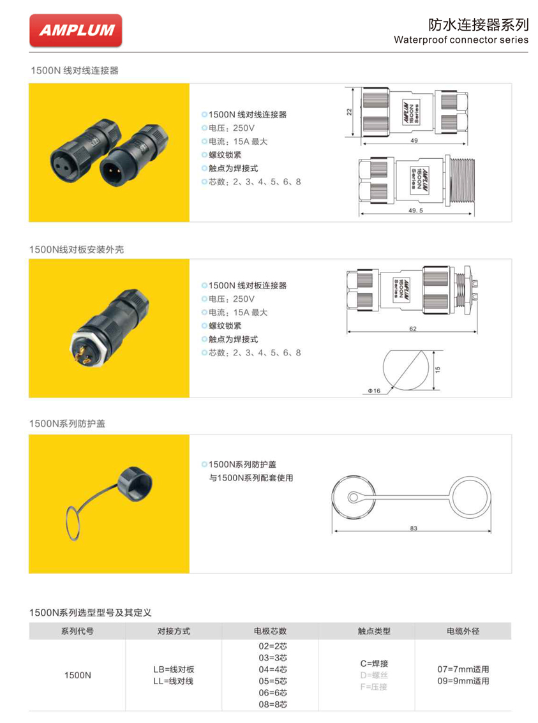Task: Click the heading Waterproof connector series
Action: pyautogui.click(x=461, y=40)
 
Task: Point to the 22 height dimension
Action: pyautogui.click(x=350, y=112)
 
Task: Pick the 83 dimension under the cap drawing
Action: pyautogui.click(x=414, y=528)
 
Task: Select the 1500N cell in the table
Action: pyautogui.click(x=77, y=675)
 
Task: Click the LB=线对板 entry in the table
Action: pyautogui.click(x=173, y=669)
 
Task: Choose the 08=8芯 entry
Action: pyautogui.click(x=273, y=704)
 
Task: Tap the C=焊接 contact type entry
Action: pyautogui.click(x=374, y=664)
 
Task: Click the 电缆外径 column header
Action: pyautogui.click(x=463, y=631)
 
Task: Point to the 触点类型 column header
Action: pyautogui.click(x=374, y=631)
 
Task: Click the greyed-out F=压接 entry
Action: pyautogui.click(x=374, y=687)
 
